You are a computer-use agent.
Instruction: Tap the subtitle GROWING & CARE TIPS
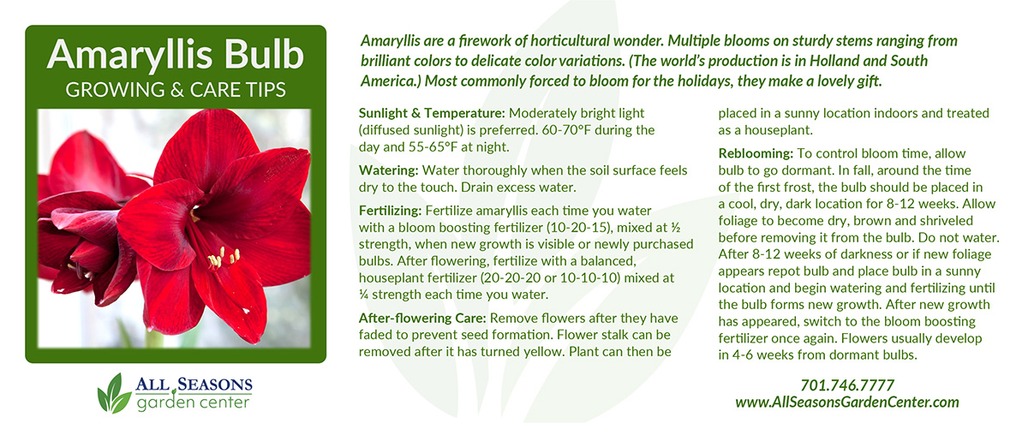click(176, 90)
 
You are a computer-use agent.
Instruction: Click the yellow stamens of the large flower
click(224, 258)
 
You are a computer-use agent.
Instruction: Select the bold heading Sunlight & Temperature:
click(432, 113)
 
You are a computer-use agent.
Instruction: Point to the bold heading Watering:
click(389, 170)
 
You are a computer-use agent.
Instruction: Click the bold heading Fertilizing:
click(390, 211)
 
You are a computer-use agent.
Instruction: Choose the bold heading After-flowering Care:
click(422, 318)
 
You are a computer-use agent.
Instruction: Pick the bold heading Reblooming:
click(756, 153)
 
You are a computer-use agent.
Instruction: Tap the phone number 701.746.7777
click(847, 385)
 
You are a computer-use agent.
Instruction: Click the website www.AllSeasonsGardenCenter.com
click(847, 402)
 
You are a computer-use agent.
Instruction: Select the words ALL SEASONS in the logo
click(194, 384)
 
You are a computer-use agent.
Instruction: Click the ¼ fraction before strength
click(363, 295)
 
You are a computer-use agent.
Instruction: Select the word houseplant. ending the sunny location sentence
click(779, 130)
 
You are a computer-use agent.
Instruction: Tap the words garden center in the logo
click(193, 402)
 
